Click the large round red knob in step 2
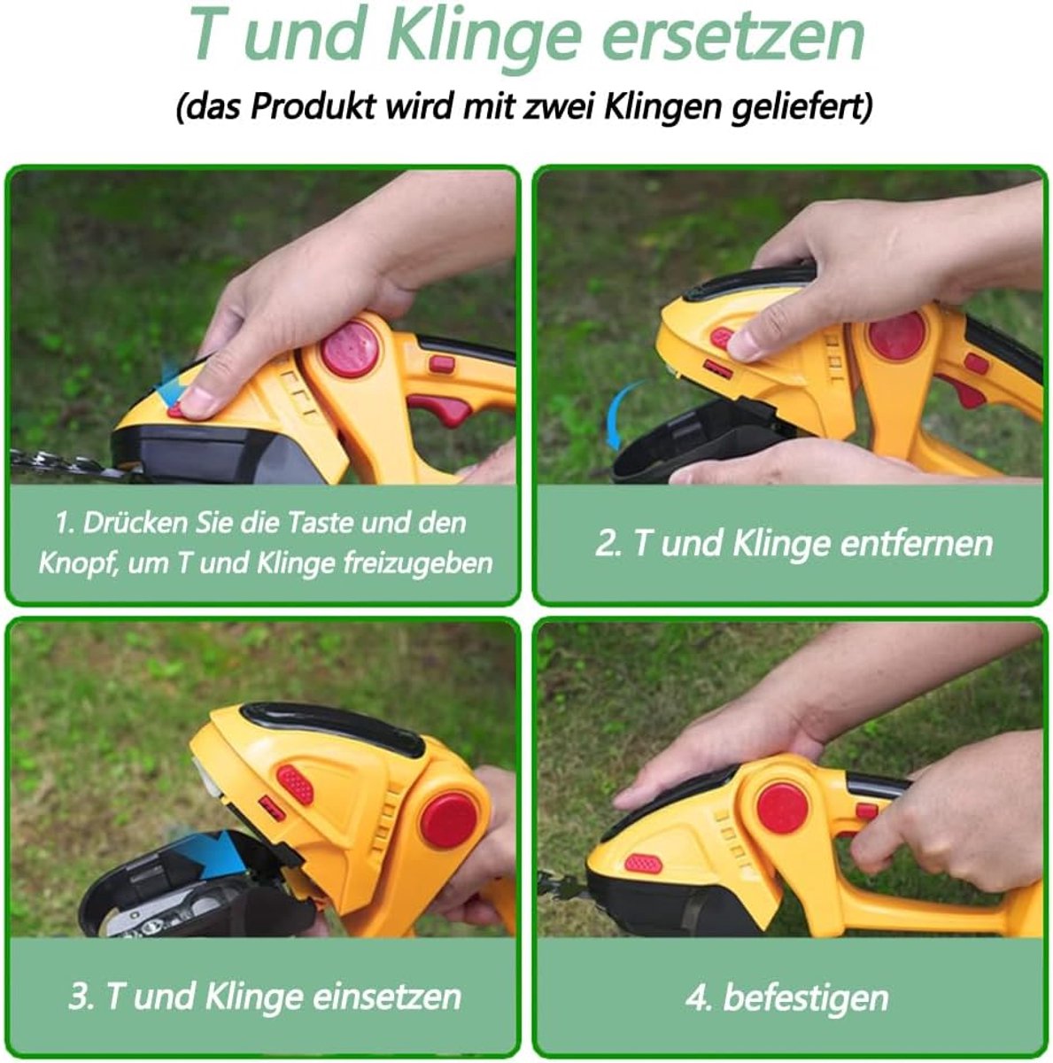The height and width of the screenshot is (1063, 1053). [x=897, y=337]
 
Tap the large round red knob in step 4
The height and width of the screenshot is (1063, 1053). [x=783, y=807]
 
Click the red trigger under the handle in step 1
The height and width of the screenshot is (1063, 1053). [x=442, y=407]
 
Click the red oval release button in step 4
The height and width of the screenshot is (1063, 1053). [x=643, y=864]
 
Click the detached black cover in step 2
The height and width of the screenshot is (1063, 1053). [x=695, y=441]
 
